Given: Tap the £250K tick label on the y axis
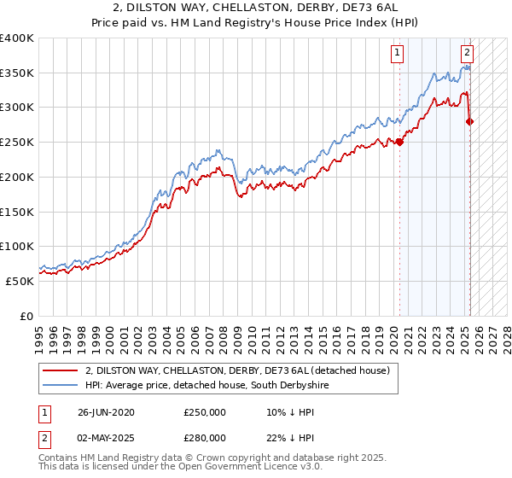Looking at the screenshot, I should [x=17, y=142].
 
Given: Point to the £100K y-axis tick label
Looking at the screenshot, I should [x=17, y=246].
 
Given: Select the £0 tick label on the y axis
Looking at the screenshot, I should [x=26, y=316].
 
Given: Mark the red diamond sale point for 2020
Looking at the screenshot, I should [x=399, y=142].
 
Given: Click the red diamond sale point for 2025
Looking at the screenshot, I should [x=469, y=121].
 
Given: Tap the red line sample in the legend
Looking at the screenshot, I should [x=61, y=370].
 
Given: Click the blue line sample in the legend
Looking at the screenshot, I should [x=61, y=386].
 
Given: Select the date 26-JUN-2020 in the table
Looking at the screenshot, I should [x=105, y=412].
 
